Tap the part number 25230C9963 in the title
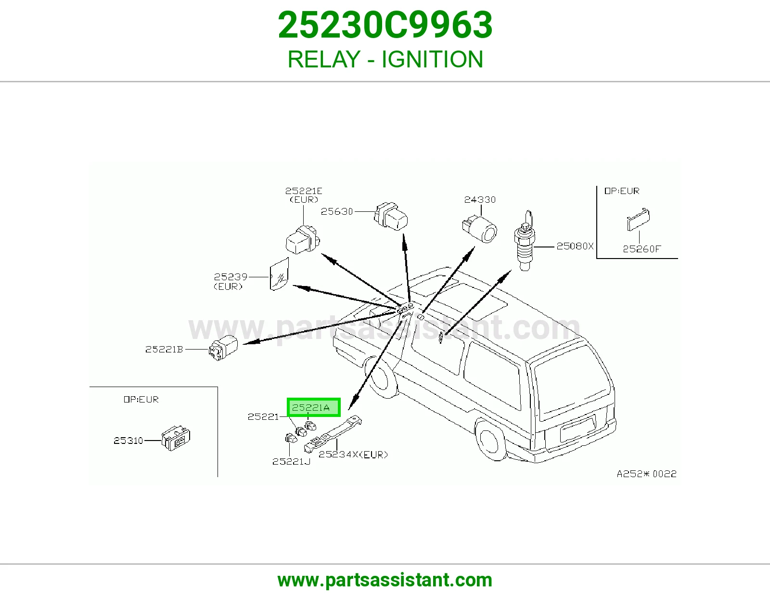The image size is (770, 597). coord(385,25)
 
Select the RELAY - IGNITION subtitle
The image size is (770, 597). coord(385,59)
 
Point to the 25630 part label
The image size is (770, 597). coord(337,212)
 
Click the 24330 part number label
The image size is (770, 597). coord(480,200)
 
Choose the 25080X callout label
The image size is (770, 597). coord(575,246)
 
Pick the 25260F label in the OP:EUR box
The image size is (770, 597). coord(642,249)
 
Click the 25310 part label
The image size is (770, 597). coord(128,441)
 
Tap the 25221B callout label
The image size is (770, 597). coord(164,350)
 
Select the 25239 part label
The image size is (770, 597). coord(231,276)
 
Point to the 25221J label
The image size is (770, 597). coord(291,462)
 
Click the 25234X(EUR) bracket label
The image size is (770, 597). coord(353,454)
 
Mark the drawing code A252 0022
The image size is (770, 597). coord(646,474)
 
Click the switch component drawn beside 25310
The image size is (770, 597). coord(176,438)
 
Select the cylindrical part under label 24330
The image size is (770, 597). coord(479,229)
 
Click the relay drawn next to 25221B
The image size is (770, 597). coord(223,348)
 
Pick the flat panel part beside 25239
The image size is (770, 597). coord(279,274)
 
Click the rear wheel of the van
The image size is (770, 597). coord(492,440)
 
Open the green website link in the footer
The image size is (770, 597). coord(385,580)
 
